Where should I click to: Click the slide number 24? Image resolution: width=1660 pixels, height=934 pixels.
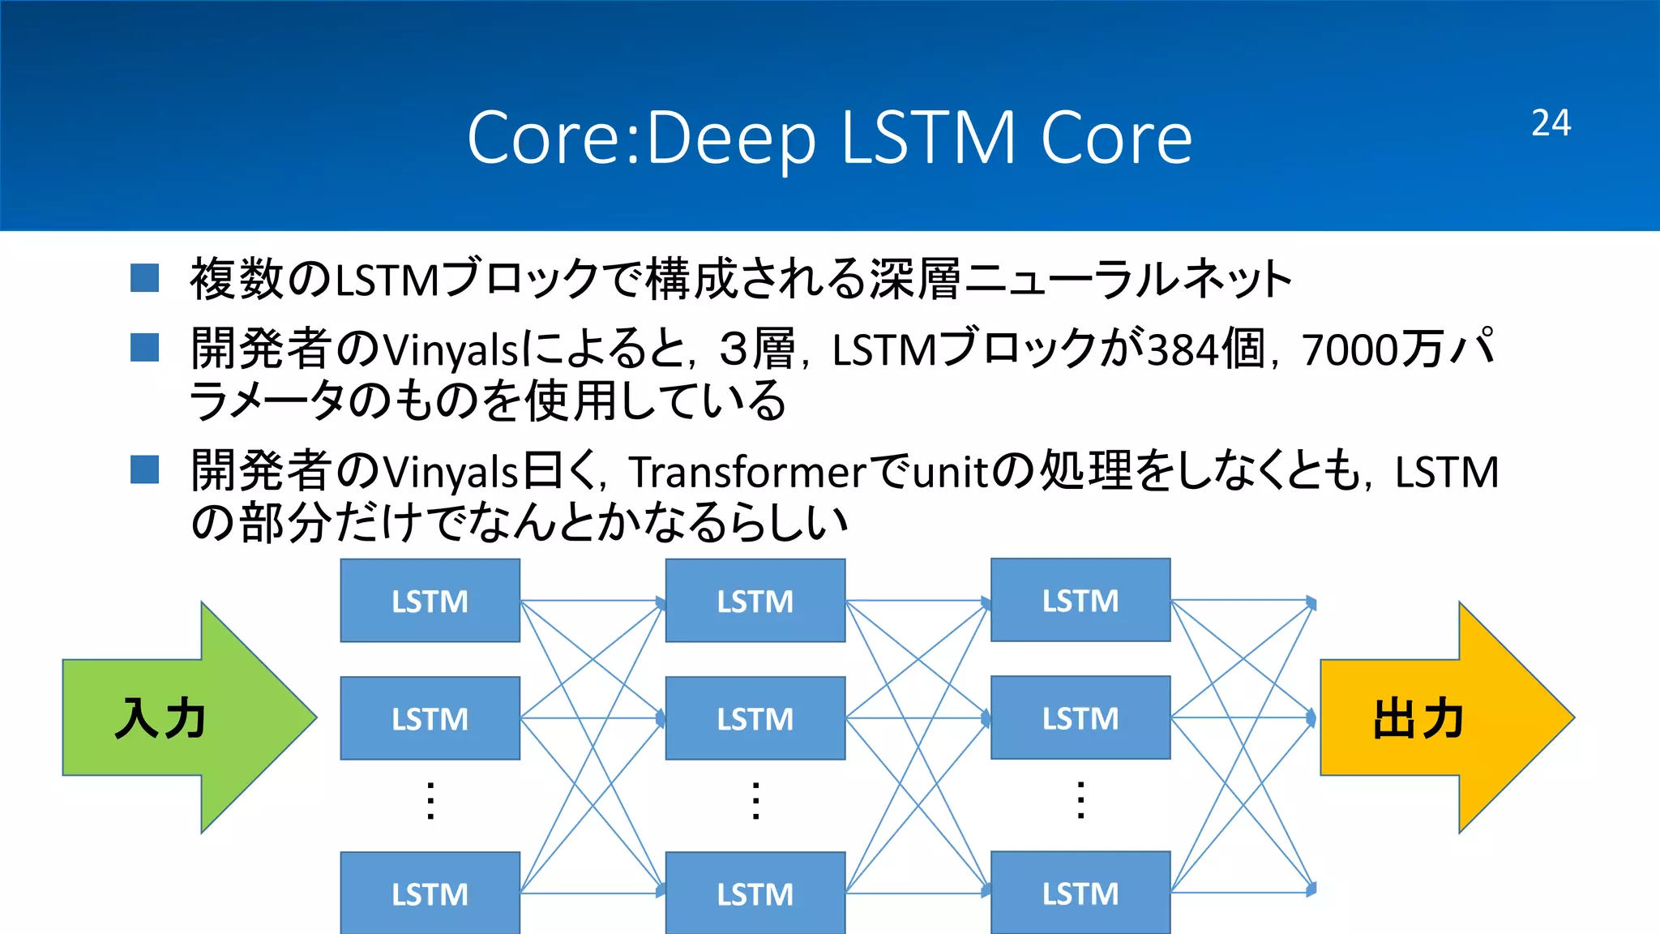[1551, 123]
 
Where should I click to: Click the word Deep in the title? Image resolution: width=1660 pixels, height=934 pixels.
[731, 139]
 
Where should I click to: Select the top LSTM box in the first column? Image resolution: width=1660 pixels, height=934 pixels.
[430, 601]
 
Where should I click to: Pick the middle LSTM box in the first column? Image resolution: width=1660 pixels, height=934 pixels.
[430, 718]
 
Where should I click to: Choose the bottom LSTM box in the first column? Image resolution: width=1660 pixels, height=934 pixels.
[430, 893]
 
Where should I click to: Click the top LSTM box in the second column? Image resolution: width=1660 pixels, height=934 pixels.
[755, 601]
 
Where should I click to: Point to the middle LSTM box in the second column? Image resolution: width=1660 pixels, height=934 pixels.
[755, 718]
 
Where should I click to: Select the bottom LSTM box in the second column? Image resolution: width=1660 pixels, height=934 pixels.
[755, 893]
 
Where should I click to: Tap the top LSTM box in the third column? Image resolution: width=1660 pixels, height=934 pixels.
[1080, 600]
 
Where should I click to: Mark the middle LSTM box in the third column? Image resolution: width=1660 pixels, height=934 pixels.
[1080, 718]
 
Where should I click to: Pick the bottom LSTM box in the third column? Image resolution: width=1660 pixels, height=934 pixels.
[1080, 893]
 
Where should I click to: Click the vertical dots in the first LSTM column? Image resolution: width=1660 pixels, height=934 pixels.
[430, 801]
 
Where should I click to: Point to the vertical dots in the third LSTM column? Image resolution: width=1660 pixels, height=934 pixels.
[1080, 800]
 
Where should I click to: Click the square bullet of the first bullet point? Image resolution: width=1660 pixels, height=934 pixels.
[144, 277]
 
